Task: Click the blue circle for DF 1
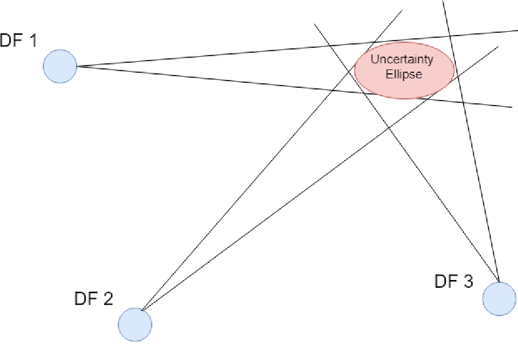pyautogui.click(x=60, y=66)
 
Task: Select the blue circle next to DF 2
pyautogui.click(x=135, y=324)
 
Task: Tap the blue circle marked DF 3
pyautogui.click(x=499, y=298)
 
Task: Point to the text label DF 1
pyautogui.click(x=18, y=41)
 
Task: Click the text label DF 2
pyautogui.click(x=93, y=298)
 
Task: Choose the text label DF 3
pyautogui.click(x=454, y=282)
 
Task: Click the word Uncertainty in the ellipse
pyautogui.click(x=404, y=59)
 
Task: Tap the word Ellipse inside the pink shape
pyautogui.click(x=404, y=74)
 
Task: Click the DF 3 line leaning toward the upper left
pyautogui.click(x=417, y=167)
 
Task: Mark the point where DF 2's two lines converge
pyautogui.click(x=142, y=311)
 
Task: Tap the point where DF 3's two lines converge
pyautogui.click(x=498, y=281)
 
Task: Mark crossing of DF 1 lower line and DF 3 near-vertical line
pyautogui.click(x=462, y=103)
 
